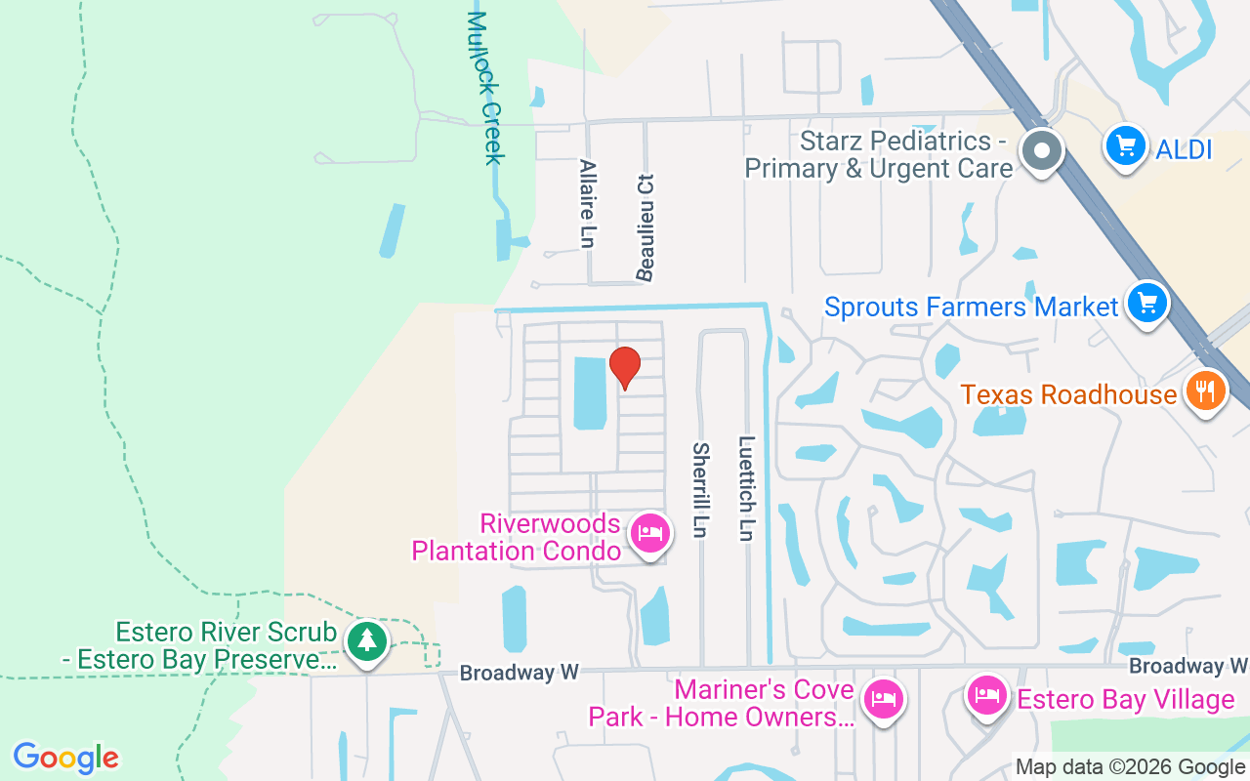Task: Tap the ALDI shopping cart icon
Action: [1125, 147]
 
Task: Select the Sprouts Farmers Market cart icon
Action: [1146, 304]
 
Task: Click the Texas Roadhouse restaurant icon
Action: [1206, 391]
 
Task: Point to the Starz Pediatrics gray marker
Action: [1042, 151]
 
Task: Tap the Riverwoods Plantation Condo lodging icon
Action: [649, 533]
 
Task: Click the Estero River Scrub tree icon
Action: [366, 641]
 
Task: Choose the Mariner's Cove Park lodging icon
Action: [884, 699]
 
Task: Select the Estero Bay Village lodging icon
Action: [986, 696]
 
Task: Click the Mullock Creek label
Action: [485, 88]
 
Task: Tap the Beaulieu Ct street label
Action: [645, 227]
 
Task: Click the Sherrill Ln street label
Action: [700, 490]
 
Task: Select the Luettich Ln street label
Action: [747, 488]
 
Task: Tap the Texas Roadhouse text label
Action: [1068, 394]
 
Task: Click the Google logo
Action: [66, 758]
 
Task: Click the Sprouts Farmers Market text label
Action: [971, 307]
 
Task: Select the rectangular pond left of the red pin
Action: [588, 392]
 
